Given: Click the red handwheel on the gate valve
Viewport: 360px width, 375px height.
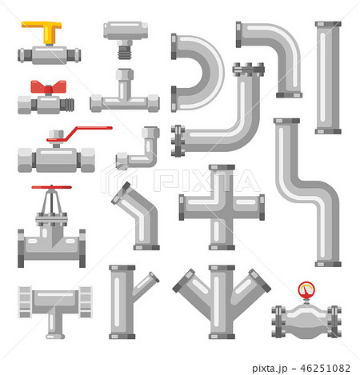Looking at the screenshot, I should pyautogui.click(x=51, y=189).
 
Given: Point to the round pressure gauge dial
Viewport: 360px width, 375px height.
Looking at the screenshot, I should pyautogui.click(x=305, y=289).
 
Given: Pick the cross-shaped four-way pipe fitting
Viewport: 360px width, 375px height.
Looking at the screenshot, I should pyautogui.click(x=222, y=207).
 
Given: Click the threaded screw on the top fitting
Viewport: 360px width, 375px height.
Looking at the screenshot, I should pyautogui.click(x=124, y=50).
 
